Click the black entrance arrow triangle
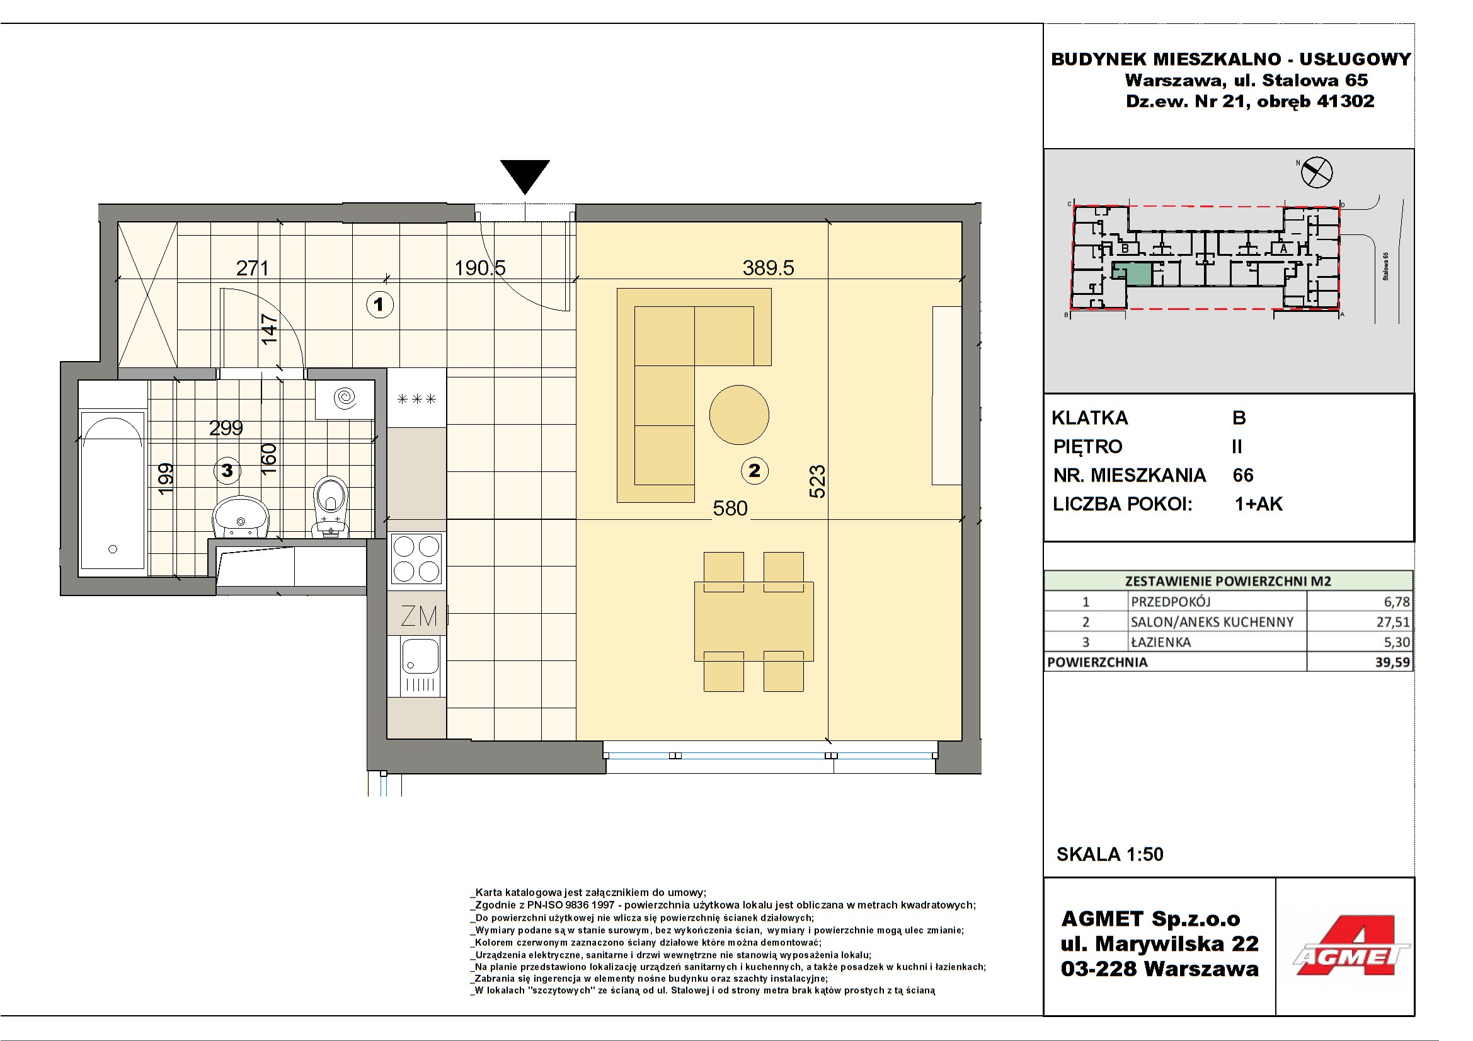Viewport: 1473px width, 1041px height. click(x=525, y=175)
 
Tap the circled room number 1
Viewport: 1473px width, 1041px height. click(x=379, y=304)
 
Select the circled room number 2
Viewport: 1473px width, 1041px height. click(x=755, y=471)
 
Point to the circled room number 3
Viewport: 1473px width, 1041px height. click(x=227, y=471)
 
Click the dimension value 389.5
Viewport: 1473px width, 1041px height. click(x=768, y=268)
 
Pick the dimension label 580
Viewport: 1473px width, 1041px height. click(x=730, y=509)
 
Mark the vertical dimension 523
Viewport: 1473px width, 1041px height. click(x=817, y=481)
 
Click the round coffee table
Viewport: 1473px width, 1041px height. click(x=739, y=415)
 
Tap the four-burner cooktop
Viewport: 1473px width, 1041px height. click(x=416, y=559)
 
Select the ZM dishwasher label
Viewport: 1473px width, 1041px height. click(x=419, y=616)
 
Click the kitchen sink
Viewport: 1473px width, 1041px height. click(x=420, y=665)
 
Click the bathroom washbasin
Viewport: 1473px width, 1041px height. click(x=241, y=517)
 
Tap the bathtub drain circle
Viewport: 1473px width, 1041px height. click(x=113, y=549)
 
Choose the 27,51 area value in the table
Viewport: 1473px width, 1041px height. click(x=1392, y=621)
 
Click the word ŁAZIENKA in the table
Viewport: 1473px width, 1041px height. click(x=1161, y=641)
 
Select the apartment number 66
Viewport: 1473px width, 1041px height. click(x=1242, y=475)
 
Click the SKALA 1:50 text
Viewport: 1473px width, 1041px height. click(x=1110, y=854)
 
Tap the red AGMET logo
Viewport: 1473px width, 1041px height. click(x=1351, y=946)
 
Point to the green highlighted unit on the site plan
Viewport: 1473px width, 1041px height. click(x=1132, y=273)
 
